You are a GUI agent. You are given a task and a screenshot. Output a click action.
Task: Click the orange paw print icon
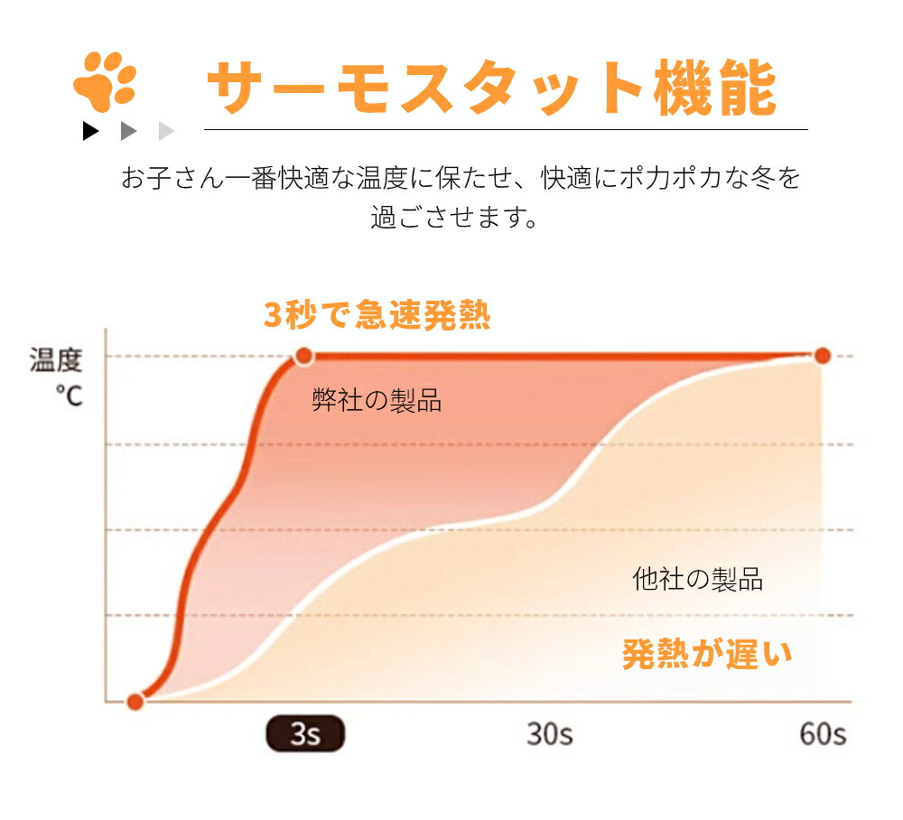point(105,80)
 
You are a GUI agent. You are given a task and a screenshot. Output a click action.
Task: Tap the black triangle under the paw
point(90,131)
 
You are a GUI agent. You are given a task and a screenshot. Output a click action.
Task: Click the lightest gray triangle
point(165,131)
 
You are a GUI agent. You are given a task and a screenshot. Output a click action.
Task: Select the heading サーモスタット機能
point(491,88)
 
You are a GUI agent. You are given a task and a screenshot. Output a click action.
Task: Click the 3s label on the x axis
point(305,733)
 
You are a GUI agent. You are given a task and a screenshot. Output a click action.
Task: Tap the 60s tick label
point(823,733)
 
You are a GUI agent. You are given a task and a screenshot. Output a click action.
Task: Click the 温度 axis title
point(56,361)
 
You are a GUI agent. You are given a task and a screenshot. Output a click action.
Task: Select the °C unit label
point(69,395)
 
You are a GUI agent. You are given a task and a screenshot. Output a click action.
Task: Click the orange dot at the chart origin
point(135,701)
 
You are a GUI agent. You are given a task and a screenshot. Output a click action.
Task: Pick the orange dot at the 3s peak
point(304,356)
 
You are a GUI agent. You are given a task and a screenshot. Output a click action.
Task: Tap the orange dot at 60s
point(822,356)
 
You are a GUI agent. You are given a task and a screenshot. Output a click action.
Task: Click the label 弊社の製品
point(377,400)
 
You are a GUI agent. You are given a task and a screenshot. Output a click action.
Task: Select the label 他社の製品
point(697,579)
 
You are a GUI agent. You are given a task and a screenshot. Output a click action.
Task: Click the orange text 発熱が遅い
point(707,652)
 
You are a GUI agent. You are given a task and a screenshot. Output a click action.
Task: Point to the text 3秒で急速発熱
point(377,316)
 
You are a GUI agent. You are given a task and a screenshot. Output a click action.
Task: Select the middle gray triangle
point(128,131)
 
